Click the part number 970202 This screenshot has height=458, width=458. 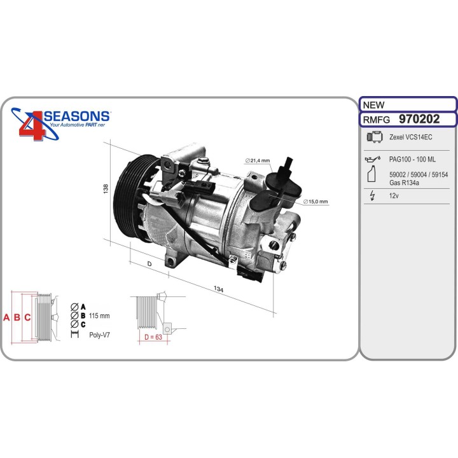[419, 119]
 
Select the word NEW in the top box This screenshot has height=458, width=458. [373, 104]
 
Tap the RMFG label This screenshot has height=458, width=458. [376, 120]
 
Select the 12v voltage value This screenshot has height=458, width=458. [394, 197]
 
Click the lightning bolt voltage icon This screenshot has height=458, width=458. [371, 197]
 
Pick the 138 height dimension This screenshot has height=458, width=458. [106, 189]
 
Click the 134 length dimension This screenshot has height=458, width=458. [219, 290]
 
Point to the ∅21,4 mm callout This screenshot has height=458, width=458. [258, 160]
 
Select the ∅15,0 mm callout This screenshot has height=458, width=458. [315, 202]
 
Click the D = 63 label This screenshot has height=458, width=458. [153, 337]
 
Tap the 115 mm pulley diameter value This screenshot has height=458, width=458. [99, 316]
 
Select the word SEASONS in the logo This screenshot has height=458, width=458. [76, 116]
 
